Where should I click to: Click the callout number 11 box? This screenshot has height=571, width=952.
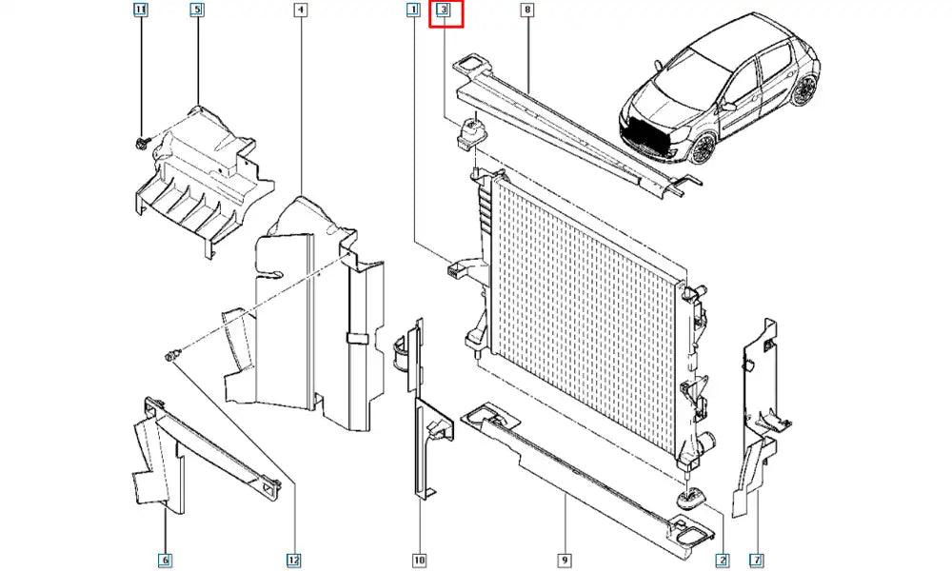pyautogui.click(x=141, y=10)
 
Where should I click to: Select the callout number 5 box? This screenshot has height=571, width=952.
pyautogui.click(x=197, y=10)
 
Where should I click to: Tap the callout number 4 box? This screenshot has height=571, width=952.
pyautogui.click(x=300, y=10)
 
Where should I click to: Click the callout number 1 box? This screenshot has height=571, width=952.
pyautogui.click(x=413, y=10)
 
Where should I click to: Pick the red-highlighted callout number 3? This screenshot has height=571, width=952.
pyautogui.click(x=445, y=12)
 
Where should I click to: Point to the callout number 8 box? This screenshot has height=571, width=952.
pyautogui.click(x=527, y=10)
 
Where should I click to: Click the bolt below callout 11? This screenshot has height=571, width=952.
pyautogui.click(x=141, y=143)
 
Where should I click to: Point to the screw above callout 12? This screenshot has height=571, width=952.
pyautogui.click(x=171, y=356)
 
